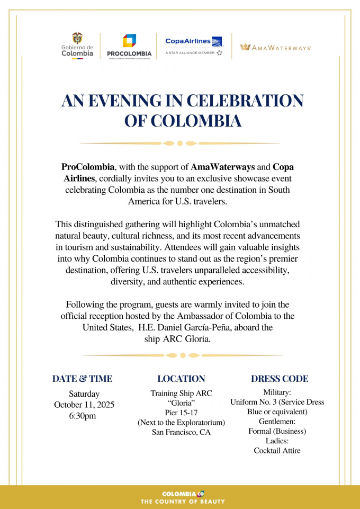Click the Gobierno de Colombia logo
[x=77, y=46]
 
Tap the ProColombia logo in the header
[x=129, y=46]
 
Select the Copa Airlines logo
[x=194, y=46]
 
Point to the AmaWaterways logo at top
[x=275, y=47]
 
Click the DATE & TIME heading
[x=82, y=379]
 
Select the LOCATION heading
[x=181, y=379]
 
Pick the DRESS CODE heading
[x=280, y=379]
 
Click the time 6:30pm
[x=83, y=416]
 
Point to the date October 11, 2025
[x=84, y=405]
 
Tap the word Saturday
[x=84, y=394]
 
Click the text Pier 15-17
[x=181, y=413]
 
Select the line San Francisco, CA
[x=181, y=432]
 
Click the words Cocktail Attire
[x=277, y=451]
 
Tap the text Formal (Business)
[x=277, y=431]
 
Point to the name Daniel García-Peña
[x=205, y=327]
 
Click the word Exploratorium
[x=197, y=422]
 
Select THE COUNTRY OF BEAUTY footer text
[x=182, y=501]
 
